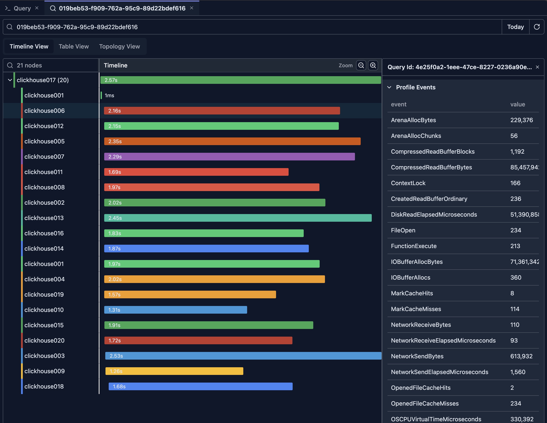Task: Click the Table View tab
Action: click(74, 46)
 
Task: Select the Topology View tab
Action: click(119, 46)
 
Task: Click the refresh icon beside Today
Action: click(537, 27)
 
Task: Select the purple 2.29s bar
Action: click(229, 157)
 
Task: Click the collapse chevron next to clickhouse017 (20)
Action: click(10, 80)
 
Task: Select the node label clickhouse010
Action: click(44, 310)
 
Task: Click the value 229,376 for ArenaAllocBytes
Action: click(521, 120)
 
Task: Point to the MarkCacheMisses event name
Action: click(416, 309)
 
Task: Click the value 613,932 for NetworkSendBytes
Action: click(521, 356)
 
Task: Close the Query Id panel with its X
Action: click(537, 67)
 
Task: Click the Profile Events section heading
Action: click(416, 87)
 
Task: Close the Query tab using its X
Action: click(37, 8)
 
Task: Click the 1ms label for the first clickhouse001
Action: click(109, 96)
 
